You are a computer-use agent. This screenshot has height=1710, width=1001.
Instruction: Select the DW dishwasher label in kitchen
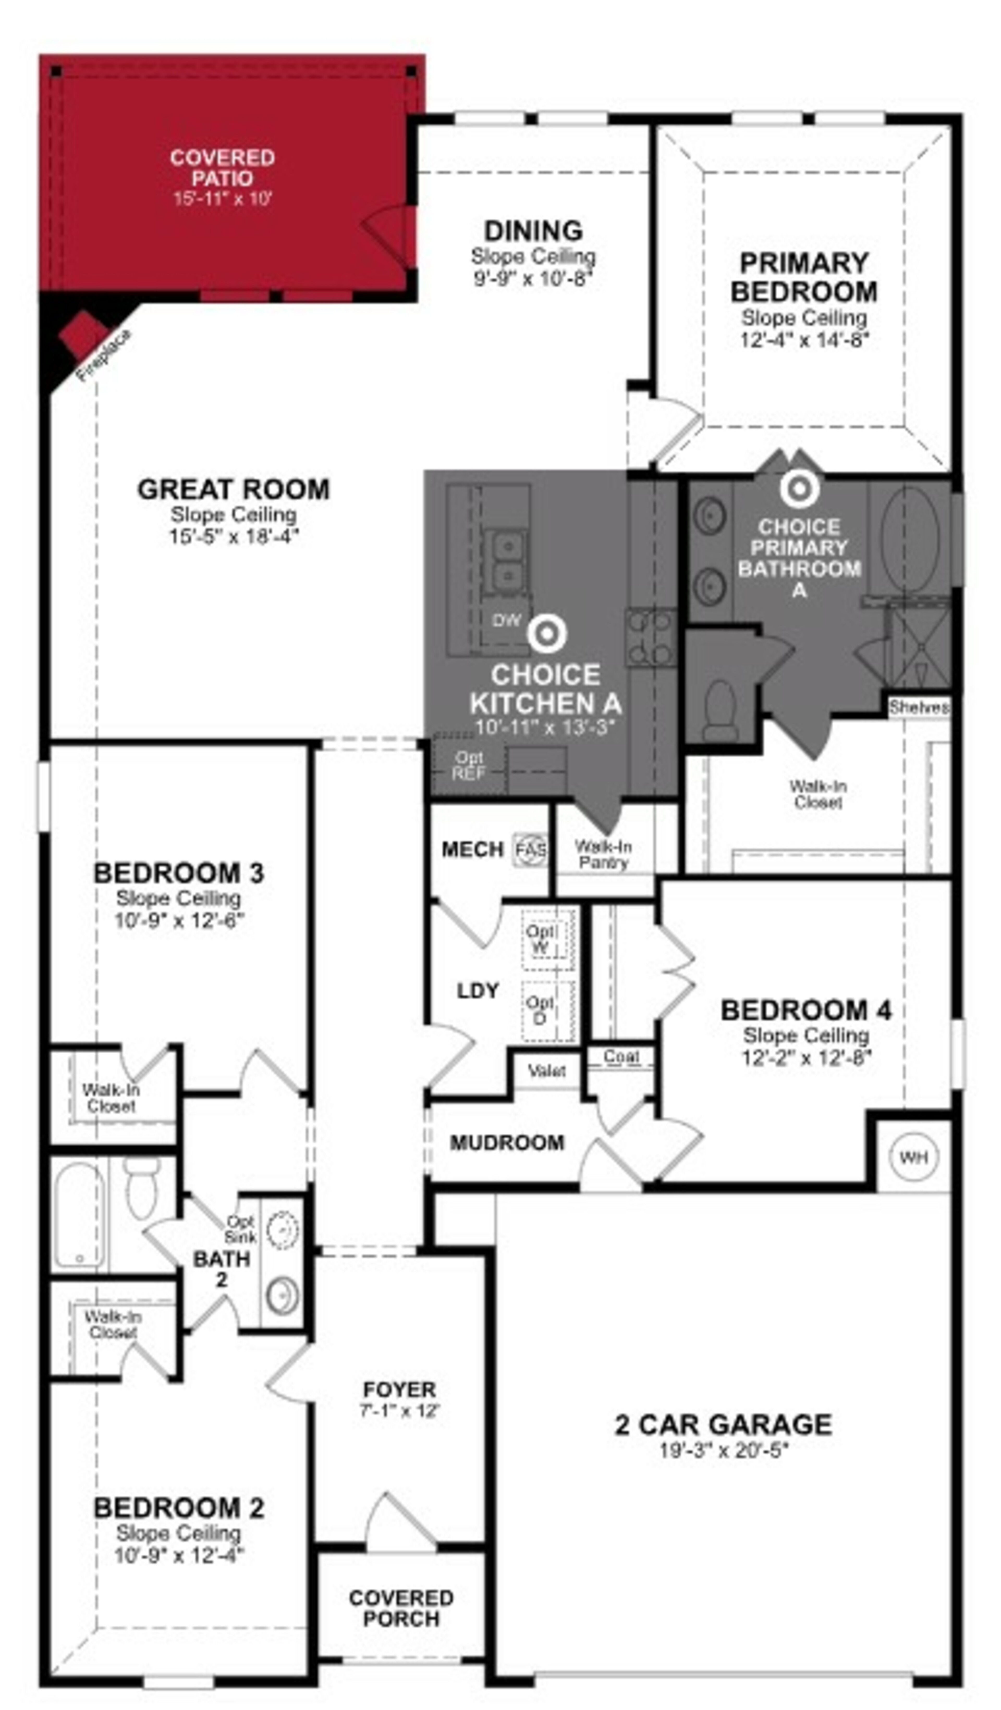click(x=506, y=619)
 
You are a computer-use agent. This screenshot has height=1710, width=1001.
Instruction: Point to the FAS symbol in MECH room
click(x=530, y=850)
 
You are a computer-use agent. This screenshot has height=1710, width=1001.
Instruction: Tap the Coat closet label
click(x=621, y=1056)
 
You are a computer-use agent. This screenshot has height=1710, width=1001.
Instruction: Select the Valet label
click(x=546, y=1072)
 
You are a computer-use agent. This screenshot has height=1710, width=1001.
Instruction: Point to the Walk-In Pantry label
click(x=603, y=854)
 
